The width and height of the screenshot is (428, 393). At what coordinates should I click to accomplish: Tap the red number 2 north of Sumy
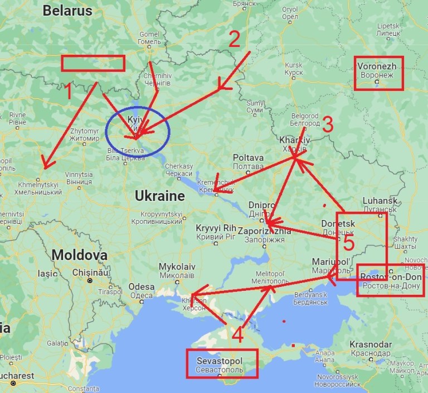(234, 39)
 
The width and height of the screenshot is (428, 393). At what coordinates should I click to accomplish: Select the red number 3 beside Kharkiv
(328, 125)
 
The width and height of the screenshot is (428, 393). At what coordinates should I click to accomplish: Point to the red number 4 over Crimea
(237, 335)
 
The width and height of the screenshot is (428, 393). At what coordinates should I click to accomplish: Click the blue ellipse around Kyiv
(138, 132)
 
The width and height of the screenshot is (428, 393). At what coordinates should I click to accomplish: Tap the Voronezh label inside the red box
(378, 70)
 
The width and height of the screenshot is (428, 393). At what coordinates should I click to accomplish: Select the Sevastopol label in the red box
(221, 365)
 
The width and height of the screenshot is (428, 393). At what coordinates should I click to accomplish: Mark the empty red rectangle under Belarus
(93, 63)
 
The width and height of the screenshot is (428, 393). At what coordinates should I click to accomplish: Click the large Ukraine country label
(159, 196)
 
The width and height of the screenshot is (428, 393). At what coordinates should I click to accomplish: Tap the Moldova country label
(79, 255)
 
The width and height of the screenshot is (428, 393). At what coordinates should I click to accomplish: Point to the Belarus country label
(67, 10)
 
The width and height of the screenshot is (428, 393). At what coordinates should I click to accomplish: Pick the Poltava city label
(248, 161)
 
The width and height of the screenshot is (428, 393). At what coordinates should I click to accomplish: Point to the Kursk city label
(293, 69)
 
